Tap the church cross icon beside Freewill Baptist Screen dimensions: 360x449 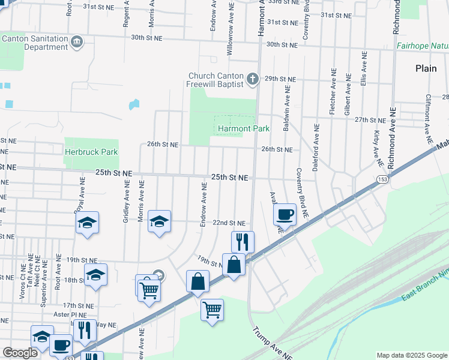pyautogui.click(x=253, y=78)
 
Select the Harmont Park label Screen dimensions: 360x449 pyautogui.click(x=243, y=128)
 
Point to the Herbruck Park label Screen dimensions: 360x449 pyautogui.click(x=91, y=152)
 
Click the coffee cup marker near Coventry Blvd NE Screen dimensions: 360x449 pyautogui.click(x=285, y=215)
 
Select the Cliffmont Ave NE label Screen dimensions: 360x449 pyautogui.click(x=429, y=113)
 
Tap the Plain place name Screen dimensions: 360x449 pyautogui.click(x=426, y=68)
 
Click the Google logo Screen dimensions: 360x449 pyautogui.click(x=20, y=353)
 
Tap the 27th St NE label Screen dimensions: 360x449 pyautogui.click(x=369, y=119)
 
